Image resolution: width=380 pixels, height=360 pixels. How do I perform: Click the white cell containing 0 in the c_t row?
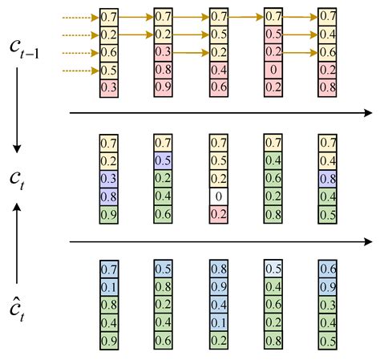point(218,195)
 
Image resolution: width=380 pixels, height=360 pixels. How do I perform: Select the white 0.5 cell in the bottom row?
point(273,268)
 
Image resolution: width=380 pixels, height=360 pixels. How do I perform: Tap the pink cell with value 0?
point(273,70)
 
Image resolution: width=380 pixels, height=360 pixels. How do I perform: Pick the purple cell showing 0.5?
point(163,160)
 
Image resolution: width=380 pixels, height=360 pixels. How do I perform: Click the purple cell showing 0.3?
point(108,178)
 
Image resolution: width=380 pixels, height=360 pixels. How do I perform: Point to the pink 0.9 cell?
point(163,87)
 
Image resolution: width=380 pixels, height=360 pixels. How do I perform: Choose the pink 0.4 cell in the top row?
point(218,70)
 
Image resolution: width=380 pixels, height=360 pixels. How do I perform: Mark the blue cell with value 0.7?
point(108,268)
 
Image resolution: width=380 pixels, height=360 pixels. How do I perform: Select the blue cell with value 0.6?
point(327,268)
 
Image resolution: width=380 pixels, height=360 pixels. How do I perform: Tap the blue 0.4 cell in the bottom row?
point(218,304)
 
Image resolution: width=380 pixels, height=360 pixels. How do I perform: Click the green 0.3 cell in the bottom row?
point(327,304)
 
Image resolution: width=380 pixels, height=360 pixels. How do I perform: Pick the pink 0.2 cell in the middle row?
point(218,212)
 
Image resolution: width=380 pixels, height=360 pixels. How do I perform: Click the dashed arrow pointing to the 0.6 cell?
point(79,52)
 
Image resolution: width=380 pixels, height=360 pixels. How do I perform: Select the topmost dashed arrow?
point(79,16)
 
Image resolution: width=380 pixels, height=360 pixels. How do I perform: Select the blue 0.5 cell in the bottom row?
point(163,268)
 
